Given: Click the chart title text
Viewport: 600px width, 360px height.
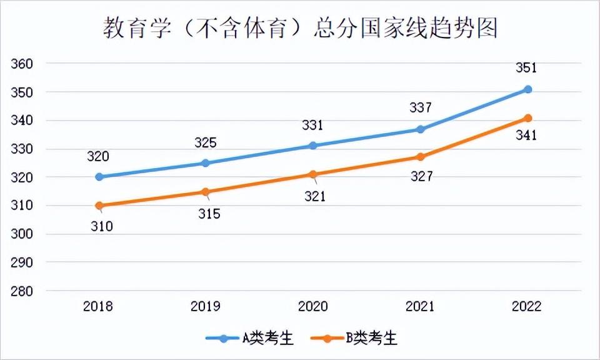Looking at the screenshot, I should coord(300,29).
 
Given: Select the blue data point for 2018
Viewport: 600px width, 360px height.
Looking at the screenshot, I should coord(99,177).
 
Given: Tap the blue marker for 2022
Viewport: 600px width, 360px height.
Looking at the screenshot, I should coord(528,89).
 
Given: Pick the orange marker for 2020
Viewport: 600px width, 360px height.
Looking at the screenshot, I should coord(314,174).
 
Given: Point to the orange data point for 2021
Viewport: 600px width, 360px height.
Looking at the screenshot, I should coord(421,157).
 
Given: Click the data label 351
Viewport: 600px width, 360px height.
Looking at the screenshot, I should coord(526,68).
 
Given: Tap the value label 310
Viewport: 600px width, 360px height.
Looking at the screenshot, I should coord(101,226).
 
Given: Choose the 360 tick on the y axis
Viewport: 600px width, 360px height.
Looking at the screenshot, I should coord(21,64).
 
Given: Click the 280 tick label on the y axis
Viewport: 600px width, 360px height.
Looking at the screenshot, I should coord(21,291).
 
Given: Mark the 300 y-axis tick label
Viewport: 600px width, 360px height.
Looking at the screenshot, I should coord(21,234).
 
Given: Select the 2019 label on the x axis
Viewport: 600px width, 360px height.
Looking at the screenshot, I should coord(206,306).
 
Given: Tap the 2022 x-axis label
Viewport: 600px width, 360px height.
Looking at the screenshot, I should coord(526,306).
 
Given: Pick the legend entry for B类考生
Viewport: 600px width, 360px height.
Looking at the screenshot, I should coord(354,338).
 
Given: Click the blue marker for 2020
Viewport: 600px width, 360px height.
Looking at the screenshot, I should coord(314,146).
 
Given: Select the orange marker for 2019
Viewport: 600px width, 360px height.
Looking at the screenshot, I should coord(206,192).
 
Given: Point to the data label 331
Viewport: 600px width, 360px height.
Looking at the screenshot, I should coord(312,126).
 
